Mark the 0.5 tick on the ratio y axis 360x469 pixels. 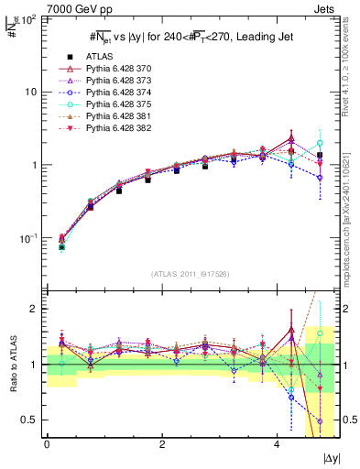30,420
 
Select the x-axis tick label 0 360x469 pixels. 47,445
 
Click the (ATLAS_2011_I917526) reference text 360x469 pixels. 190,273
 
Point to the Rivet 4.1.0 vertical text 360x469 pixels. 352,60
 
